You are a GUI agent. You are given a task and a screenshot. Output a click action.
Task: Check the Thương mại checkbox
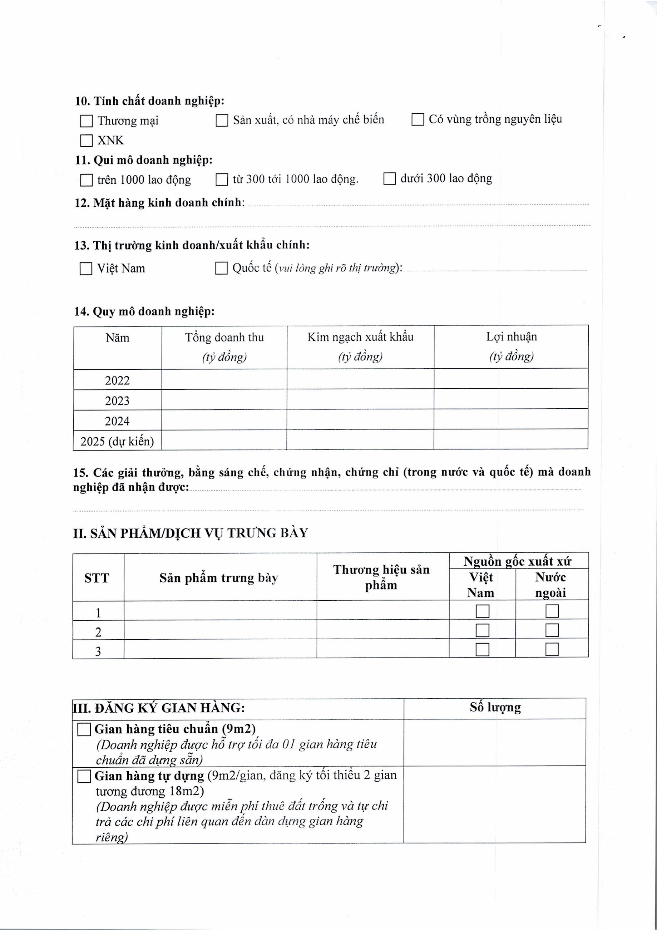(86, 121)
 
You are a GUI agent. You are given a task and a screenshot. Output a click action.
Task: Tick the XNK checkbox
(86, 141)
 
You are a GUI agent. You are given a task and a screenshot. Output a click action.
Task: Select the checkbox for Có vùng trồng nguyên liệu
(418, 120)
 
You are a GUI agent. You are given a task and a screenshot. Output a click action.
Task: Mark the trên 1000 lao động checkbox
(86, 180)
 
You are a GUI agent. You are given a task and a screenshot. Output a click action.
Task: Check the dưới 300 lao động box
(389, 179)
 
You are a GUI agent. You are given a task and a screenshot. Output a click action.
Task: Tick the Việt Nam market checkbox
(86, 269)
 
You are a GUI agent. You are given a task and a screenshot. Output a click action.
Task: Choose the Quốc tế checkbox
(221, 268)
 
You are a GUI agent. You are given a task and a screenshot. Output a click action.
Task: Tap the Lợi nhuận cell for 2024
(511, 419)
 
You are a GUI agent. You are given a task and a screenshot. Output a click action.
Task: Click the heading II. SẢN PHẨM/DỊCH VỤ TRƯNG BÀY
(191, 533)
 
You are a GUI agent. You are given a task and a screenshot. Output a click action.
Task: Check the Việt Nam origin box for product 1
(483, 611)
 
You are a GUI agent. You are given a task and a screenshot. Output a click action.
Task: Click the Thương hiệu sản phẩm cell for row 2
(383, 630)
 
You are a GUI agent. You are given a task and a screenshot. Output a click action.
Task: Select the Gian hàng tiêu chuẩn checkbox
(84, 730)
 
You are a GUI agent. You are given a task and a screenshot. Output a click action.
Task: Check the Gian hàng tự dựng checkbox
(84, 777)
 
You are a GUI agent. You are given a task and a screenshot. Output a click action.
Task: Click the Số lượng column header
(495, 708)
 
